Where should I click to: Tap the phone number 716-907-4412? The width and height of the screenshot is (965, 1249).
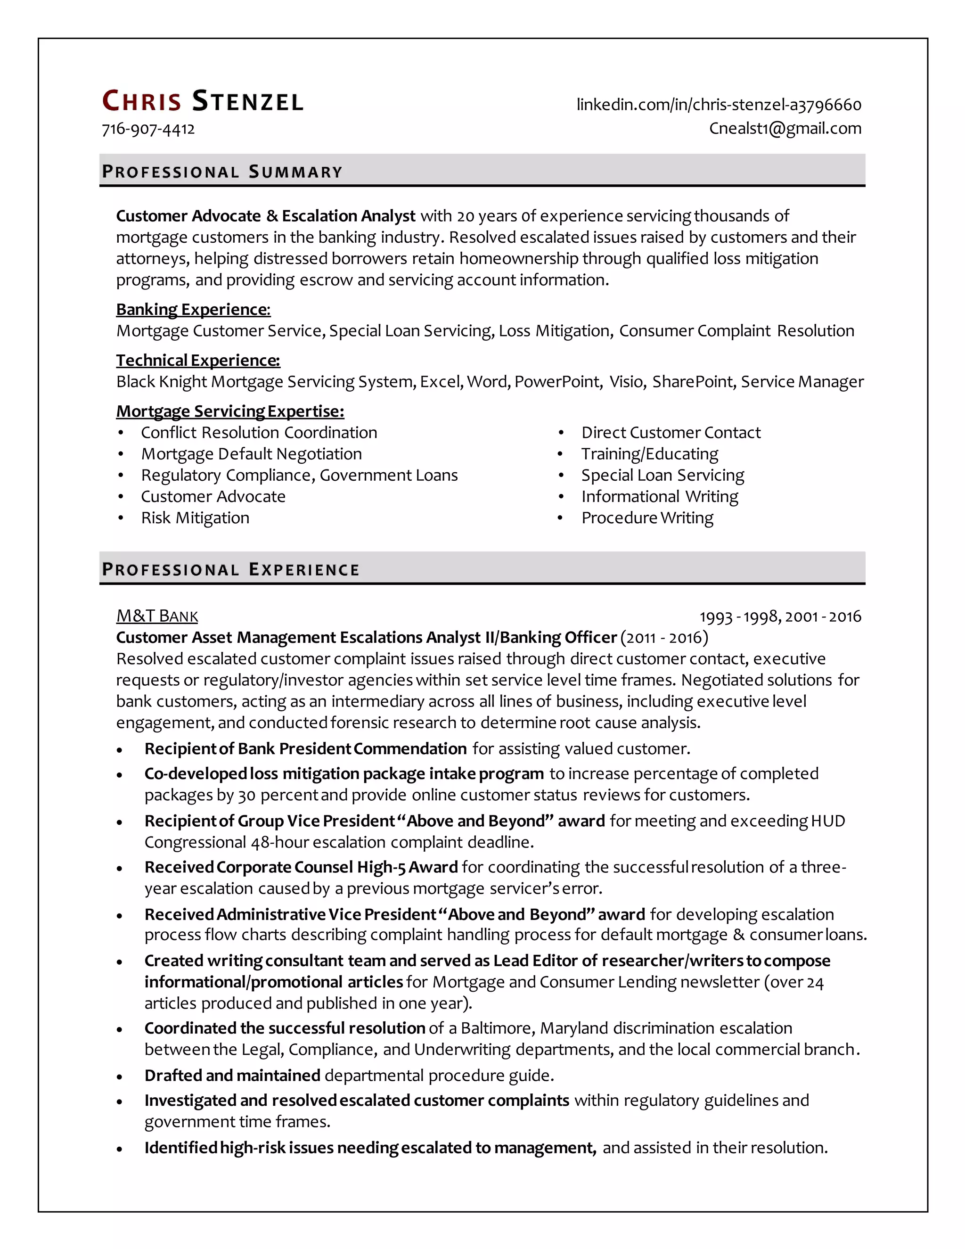(x=148, y=129)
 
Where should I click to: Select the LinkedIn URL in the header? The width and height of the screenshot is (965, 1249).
(x=719, y=105)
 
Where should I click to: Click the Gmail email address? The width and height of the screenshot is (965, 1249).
(x=785, y=128)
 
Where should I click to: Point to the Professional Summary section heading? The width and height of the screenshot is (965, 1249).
(x=222, y=172)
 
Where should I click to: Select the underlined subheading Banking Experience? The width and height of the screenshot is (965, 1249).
(x=193, y=309)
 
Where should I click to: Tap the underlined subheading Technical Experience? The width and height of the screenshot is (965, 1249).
(x=198, y=360)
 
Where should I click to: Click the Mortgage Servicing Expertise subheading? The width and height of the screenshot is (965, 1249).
(x=230, y=411)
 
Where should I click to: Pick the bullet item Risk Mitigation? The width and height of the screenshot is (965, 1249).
(x=195, y=518)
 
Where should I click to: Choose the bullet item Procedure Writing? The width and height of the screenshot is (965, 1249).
(x=647, y=518)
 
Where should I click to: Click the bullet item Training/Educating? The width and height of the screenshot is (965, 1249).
(x=649, y=453)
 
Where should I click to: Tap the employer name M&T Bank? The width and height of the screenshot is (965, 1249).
(x=157, y=616)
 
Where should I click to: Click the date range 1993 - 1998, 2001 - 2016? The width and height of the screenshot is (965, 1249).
(x=780, y=616)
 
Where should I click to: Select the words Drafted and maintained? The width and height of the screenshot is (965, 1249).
(x=232, y=1075)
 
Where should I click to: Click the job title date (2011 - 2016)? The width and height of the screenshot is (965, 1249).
(x=664, y=637)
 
